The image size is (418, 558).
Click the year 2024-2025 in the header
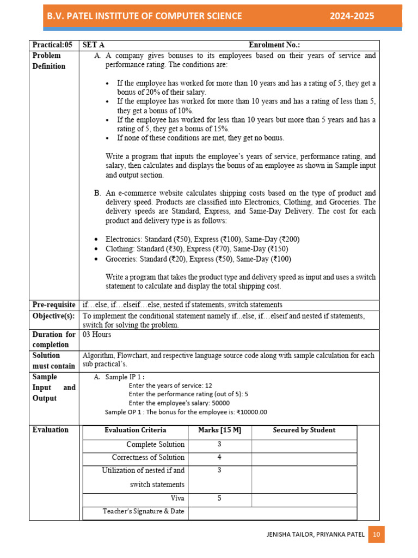pos(352,16)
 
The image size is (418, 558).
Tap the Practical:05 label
pos(52,45)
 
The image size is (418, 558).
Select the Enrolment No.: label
pos(274,45)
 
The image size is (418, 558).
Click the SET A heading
pos(93,45)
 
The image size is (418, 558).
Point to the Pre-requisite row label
pos(54,305)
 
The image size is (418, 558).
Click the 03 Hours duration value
pos(96,335)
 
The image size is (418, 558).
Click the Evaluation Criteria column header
pos(135,430)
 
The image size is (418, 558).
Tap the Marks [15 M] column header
pos(219,430)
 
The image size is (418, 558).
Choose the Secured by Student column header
pos(304,430)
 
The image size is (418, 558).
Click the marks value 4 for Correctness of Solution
pos(219,457)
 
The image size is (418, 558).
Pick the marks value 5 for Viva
pos(219,498)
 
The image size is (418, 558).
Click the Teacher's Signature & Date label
pos(144,511)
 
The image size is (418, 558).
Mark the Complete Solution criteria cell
pos(155,444)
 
